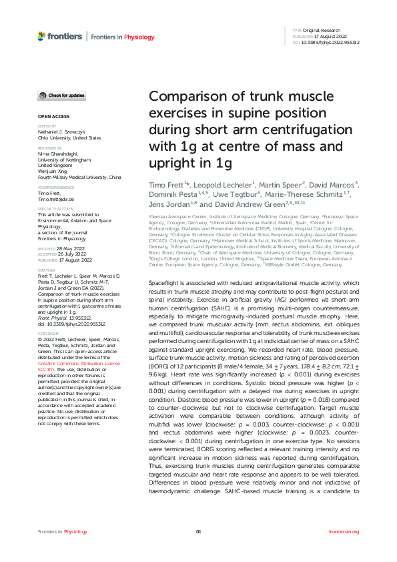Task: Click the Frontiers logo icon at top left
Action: [42, 34]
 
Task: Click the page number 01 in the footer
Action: [198, 531]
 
